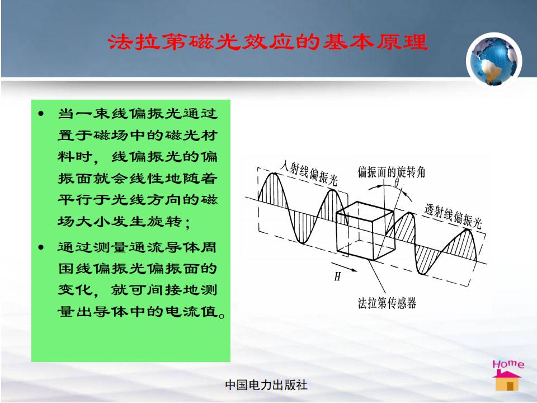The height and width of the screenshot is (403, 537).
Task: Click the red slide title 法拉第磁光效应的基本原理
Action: [x=268, y=42]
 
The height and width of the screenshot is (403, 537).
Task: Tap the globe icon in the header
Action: [x=494, y=60]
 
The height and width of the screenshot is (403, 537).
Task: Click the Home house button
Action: [x=508, y=375]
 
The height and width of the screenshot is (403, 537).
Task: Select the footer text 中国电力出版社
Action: [x=266, y=385]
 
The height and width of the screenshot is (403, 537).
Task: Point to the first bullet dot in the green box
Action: [x=41, y=114]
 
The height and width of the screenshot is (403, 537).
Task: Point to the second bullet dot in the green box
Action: [x=41, y=247]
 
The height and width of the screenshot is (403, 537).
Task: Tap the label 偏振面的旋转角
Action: [x=392, y=172]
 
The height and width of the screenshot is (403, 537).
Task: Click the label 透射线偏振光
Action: [x=453, y=216]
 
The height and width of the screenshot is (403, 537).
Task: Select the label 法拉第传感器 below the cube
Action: [x=387, y=303]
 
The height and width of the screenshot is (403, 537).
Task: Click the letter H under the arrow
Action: [x=337, y=276]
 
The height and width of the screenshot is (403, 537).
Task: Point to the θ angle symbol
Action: [x=397, y=182]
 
